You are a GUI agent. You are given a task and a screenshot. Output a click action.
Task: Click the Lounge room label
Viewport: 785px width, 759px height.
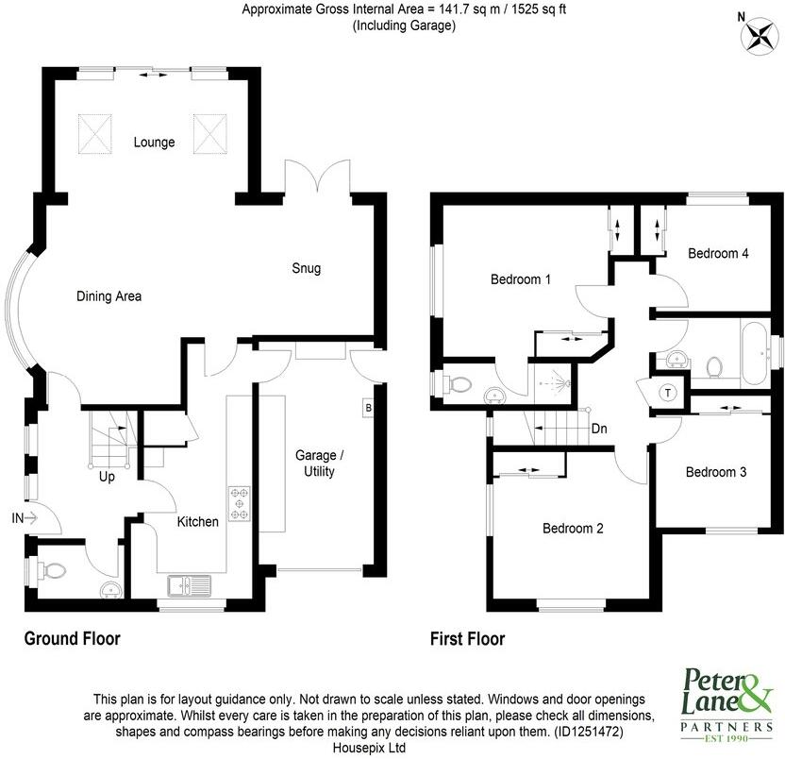tap(154, 143)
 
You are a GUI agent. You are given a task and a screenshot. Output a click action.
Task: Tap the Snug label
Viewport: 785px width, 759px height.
tap(305, 268)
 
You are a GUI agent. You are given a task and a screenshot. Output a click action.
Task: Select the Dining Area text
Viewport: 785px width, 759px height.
tap(109, 296)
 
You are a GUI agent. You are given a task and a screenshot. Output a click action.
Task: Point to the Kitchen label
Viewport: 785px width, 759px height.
tap(198, 521)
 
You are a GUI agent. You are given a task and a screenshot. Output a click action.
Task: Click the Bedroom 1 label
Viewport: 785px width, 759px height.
tap(521, 279)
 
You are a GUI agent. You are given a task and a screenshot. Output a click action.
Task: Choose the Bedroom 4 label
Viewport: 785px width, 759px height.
tap(718, 253)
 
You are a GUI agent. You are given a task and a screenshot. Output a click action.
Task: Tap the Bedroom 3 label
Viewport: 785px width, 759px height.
tap(716, 472)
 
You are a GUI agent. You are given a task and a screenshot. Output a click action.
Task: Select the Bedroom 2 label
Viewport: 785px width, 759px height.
tap(573, 529)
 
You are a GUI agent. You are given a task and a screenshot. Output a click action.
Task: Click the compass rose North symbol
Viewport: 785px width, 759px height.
tap(758, 34)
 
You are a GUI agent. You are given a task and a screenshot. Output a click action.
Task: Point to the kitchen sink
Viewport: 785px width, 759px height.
tap(191, 586)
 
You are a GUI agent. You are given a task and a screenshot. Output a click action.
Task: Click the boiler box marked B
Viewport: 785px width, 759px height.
tap(367, 408)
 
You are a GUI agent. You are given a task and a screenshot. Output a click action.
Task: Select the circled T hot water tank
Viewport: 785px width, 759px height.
tap(668, 393)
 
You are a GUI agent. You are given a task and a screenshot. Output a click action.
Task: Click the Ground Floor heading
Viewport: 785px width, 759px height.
tap(72, 639)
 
